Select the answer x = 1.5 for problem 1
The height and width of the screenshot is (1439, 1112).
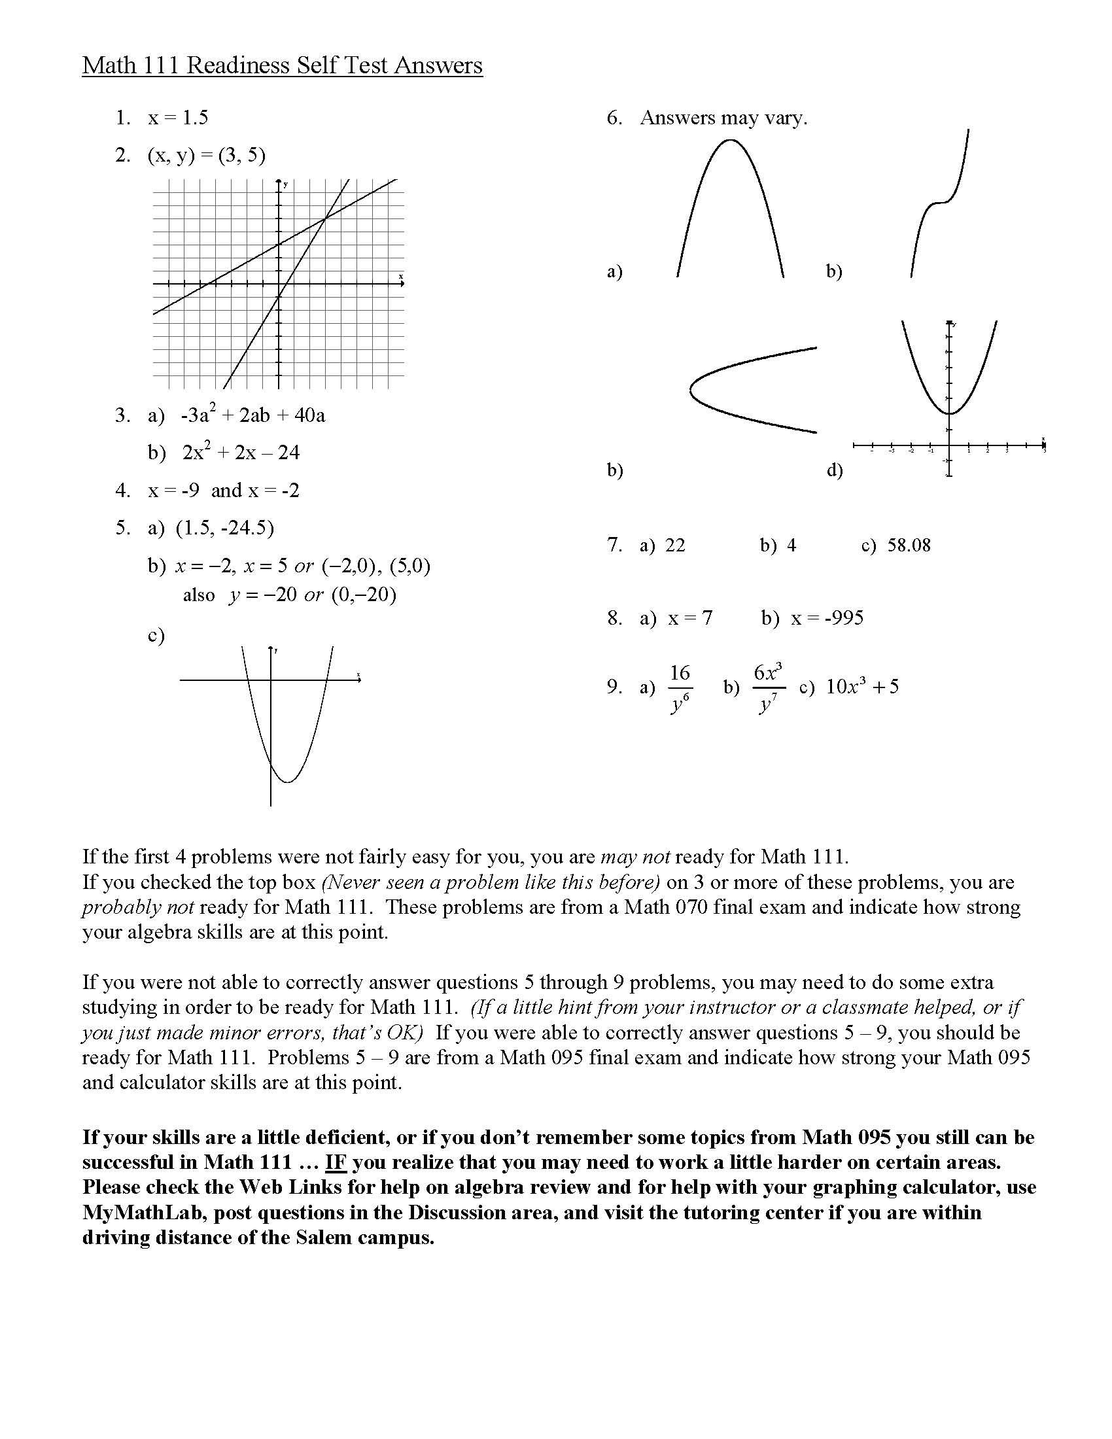[178, 118]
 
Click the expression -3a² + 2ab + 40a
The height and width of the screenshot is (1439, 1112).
[253, 415]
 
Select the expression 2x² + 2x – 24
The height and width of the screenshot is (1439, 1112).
[241, 453]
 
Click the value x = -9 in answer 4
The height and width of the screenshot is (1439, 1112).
[173, 490]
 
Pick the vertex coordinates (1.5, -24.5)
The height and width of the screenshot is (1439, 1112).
[224, 528]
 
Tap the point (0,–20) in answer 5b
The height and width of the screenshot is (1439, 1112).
[364, 595]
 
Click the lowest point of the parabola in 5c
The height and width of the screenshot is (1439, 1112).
[288, 782]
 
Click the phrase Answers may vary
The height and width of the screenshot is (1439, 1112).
[723, 118]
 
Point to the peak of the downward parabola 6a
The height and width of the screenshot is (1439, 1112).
[729, 140]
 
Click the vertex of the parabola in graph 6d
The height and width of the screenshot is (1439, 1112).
[949, 413]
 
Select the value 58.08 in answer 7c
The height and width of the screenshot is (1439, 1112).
[909, 545]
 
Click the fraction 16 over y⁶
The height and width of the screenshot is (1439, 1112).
[680, 688]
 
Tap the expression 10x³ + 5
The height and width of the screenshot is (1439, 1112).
[862, 687]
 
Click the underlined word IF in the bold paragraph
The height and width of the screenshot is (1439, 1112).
[336, 1162]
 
